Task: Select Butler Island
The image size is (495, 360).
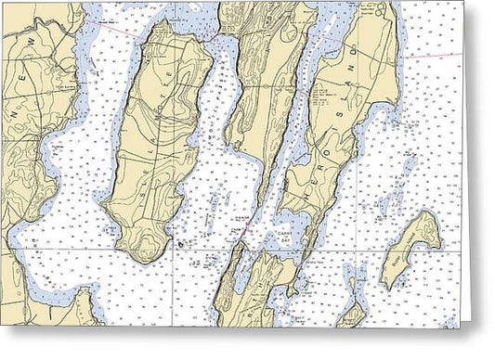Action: tap(409, 251)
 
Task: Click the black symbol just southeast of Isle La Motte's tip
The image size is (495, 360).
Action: tap(179, 244)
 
